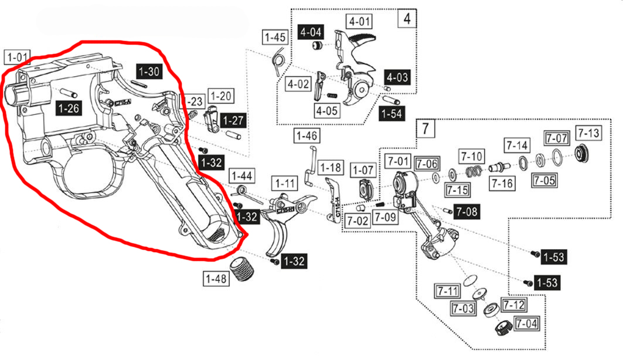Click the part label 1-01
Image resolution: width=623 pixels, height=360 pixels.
[16, 57]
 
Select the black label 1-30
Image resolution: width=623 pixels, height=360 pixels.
[148, 72]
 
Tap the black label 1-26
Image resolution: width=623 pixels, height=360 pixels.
[69, 107]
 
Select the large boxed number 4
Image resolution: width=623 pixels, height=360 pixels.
[407, 18]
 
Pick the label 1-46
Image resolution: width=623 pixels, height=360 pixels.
[306, 136]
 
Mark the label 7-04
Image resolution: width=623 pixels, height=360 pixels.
[525, 322]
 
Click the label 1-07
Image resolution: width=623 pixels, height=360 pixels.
[363, 170]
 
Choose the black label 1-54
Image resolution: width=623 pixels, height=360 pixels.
[391, 113]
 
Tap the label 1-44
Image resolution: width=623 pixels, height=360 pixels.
[241, 175]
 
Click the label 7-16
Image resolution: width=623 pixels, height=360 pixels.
[502, 184]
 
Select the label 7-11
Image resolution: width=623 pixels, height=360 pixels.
[446, 290]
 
